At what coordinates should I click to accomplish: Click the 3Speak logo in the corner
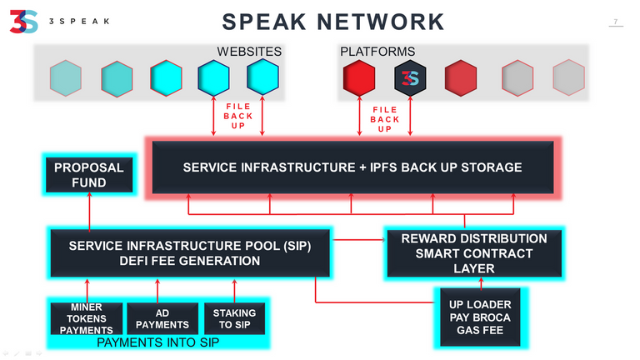coord(23,22)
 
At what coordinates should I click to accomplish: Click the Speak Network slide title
coord(333,22)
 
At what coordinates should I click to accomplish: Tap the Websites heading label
coord(249,52)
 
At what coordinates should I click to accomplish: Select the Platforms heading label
coord(377,52)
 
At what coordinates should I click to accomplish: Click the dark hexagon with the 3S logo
coord(410,78)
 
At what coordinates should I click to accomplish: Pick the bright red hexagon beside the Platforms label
coord(359,78)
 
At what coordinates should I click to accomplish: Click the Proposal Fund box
coord(89,175)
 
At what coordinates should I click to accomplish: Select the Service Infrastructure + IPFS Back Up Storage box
coord(352,167)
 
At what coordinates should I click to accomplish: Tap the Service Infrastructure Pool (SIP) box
coord(190,253)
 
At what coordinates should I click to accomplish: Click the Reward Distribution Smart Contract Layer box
coord(474,253)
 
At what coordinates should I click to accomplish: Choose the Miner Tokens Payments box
coord(87,318)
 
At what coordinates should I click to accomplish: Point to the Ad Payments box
coord(162,318)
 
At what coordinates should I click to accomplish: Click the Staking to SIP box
coord(234,318)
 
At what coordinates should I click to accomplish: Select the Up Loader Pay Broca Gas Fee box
coord(480,317)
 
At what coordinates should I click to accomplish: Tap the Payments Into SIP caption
coord(158,342)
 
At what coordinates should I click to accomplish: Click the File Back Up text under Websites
coord(238,116)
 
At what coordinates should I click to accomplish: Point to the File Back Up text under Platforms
coord(384,119)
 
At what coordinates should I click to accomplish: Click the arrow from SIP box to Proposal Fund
coord(89,211)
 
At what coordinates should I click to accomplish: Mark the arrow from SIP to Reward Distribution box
coord(358,240)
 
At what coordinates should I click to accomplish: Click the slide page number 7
coord(616,22)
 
